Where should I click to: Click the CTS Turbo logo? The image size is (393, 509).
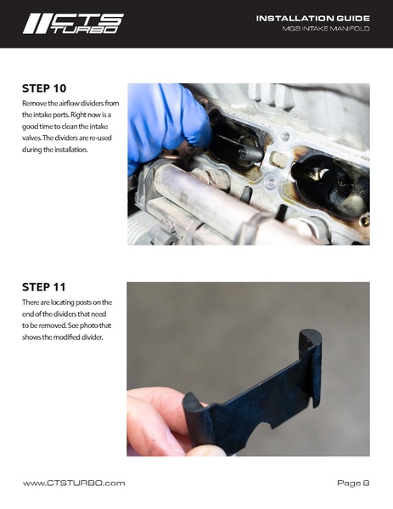(73, 24)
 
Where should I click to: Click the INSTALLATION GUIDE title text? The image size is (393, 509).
(312, 19)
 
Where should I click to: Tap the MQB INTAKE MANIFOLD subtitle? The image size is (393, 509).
(326, 29)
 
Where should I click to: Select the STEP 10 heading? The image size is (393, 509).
(44, 88)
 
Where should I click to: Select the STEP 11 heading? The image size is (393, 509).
(44, 287)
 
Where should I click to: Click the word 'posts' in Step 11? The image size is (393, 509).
(83, 303)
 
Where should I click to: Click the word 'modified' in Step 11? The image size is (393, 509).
(66, 337)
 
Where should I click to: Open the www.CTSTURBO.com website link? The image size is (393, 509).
(74, 483)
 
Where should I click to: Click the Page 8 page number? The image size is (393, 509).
(353, 483)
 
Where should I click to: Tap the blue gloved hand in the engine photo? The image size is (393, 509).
(166, 123)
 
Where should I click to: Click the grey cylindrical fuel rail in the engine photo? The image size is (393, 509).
(207, 198)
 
